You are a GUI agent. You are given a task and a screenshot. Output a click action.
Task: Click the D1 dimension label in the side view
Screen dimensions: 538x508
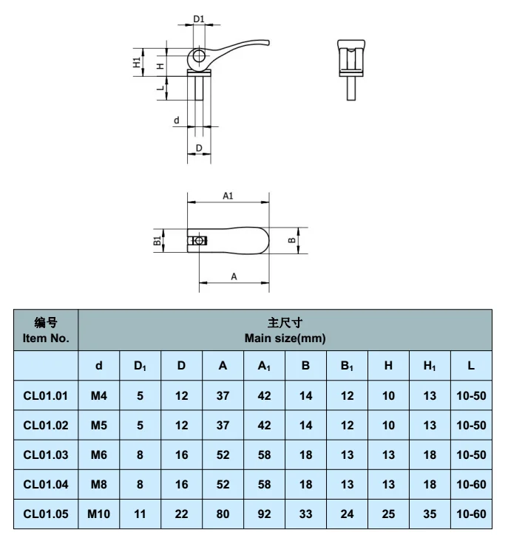pyautogui.click(x=198, y=19)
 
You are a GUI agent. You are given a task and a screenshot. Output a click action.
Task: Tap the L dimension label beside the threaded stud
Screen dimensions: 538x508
pyautogui.click(x=159, y=88)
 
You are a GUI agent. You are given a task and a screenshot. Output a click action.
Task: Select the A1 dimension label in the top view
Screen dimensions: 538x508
pyautogui.click(x=228, y=196)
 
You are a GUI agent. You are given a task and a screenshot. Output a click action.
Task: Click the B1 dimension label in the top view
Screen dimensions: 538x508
pyautogui.click(x=157, y=240)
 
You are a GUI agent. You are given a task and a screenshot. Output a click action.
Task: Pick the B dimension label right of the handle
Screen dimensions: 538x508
pyautogui.click(x=291, y=240)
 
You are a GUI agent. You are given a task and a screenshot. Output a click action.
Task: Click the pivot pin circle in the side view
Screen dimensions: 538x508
pyautogui.click(x=198, y=56)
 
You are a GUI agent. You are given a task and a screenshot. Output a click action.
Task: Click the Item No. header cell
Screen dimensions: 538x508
pyautogui.click(x=46, y=330)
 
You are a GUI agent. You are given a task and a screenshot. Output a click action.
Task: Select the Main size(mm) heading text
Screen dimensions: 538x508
pyautogui.click(x=285, y=338)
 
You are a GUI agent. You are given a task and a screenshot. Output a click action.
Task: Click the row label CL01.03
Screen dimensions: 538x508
pyautogui.click(x=46, y=454)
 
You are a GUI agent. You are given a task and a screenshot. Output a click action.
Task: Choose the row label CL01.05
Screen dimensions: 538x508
pyautogui.click(x=46, y=514)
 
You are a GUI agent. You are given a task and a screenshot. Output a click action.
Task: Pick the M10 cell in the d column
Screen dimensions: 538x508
pyautogui.click(x=99, y=514)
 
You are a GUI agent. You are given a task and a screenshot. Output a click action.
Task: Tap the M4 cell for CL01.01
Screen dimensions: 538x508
pyautogui.click(x=99, y=395)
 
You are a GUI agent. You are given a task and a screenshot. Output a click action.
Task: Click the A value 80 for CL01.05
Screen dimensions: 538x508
pyautogui.click(x=223, y=514)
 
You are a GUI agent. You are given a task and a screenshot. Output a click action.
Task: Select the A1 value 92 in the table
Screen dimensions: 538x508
pyautogui.click(x=264, y=514)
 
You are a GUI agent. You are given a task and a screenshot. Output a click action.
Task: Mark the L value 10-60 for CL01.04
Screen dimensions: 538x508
pyautogui.click(x=471, y=484)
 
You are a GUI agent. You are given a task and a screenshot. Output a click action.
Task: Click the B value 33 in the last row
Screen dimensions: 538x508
pyautogui.click(x=305, y=514)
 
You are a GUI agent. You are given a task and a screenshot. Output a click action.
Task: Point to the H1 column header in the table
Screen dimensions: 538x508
pyautogui.click(x=430, y=365)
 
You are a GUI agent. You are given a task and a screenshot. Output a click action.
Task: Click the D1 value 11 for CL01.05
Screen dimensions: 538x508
pyautogui.click(x=140, y=514)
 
